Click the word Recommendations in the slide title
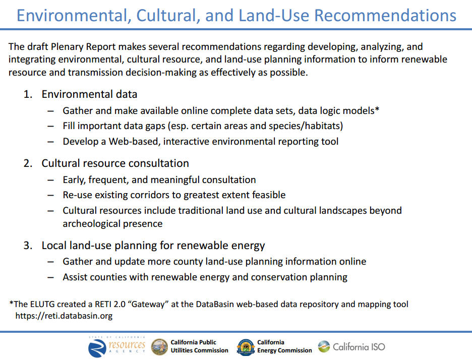[385, 15]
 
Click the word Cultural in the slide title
[168, 15]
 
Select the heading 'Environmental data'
[89, 94]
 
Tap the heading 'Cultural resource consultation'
[115, 163]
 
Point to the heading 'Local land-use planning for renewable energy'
[153, 246]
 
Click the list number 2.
[28, 163]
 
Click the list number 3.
[28, 246]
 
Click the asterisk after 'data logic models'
[377, 109]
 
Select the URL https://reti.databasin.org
[64, 316]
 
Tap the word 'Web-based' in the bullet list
[134, 142]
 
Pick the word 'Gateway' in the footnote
[148, 304]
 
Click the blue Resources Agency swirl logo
[97, 348]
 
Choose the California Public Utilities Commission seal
[159, 347]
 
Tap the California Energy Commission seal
[246, 347]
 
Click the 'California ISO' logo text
[359, 347]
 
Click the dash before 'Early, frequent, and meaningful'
[50, 180]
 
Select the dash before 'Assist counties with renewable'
[50, 277]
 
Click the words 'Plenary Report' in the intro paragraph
[83, 47]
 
